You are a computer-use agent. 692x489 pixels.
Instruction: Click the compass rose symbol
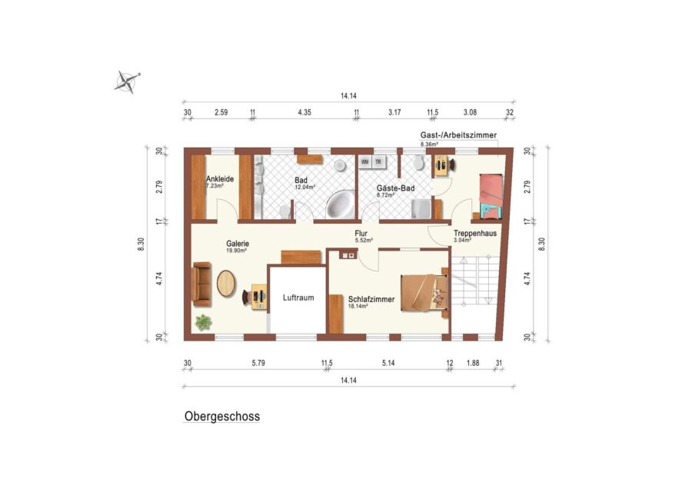click(x=127, y=81)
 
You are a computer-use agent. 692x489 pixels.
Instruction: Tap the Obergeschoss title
click(x=222, y=416)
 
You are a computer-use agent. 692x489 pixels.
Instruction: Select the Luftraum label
click(x=298, y=298)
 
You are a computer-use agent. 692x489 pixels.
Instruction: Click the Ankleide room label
click(x=220, y=178)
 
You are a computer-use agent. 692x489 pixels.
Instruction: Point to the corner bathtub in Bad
click(x=341, y=204)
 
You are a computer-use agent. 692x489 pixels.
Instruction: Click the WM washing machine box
click(x=365, y=162)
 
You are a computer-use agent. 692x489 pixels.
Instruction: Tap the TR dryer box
click(x=378, y=162)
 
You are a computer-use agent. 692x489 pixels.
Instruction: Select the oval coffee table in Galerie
click(x=226, y=284)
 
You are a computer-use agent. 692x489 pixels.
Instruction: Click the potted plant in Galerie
click(x=204, y=322)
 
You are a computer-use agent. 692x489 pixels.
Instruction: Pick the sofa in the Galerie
click(x=201, y=284)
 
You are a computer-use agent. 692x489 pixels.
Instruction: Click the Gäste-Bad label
click(x=395, y=188)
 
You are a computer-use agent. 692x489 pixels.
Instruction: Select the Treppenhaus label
click(x=475, y=233)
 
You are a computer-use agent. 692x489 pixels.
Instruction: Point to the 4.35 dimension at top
click(x=304, y=112)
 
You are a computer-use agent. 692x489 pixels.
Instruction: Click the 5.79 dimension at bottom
click(x=258, y=363)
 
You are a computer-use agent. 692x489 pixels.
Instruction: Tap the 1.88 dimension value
click(x=473, y=363)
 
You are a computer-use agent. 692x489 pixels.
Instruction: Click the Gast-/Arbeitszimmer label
click(x=458, y=135)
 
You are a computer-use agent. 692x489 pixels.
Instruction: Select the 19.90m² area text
click(x=236, y=250)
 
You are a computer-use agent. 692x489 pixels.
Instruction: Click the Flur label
click(x=361, y=233)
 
